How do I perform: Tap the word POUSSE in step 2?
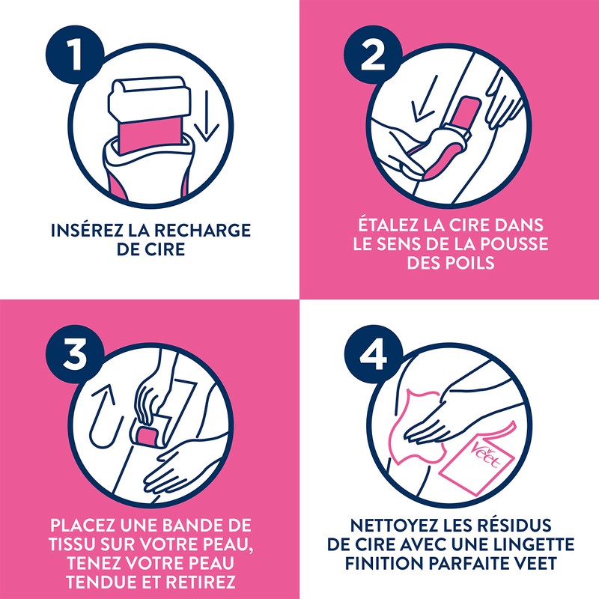(512, 244)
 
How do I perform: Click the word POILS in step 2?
(470, 264)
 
